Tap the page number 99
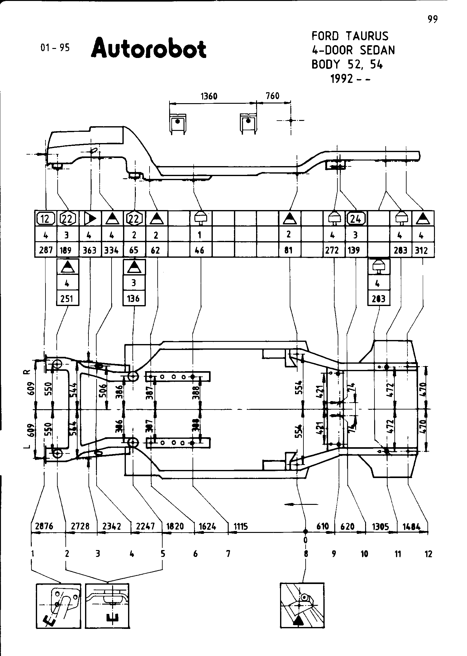coord(432,19)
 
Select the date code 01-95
coord(55,47)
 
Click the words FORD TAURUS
coord(350,36)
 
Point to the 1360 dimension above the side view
coord(209,96)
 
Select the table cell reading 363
coord(90,250)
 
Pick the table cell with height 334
coord(112,250)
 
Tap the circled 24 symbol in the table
coord(355,219)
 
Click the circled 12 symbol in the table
coord(45,219)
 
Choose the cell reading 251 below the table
coord(67,299)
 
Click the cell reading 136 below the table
coord(134,299)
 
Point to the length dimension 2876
coord(44,526)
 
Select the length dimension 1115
coord(241,527)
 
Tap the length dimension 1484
coord(412,527)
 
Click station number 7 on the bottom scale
coord(228,554)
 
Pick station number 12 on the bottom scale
coord(429,554)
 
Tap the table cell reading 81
coord(289,250)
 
